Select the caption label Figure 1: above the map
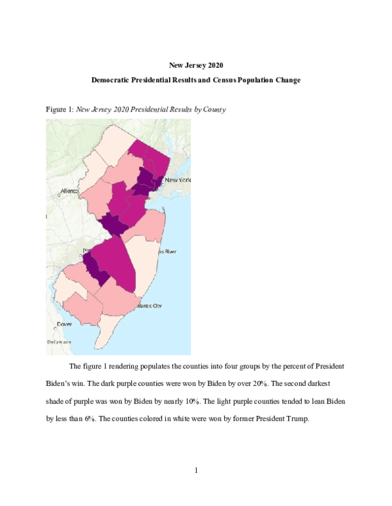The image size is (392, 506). pyautogui.click(x=59, y=110)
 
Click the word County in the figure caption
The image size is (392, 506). pyautogui.click(x=214, y=110)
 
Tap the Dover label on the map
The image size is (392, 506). pyautogui.click(x=64, y=323)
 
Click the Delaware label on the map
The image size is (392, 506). pyautogui.click(x=59, y=342)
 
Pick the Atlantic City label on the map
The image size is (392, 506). pyautogui.click(x=148, y=305)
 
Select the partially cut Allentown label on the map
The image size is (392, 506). pyautogui.click(x=69, y=191)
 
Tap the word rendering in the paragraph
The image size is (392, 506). pyautogui.click(x=132, y=366)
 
